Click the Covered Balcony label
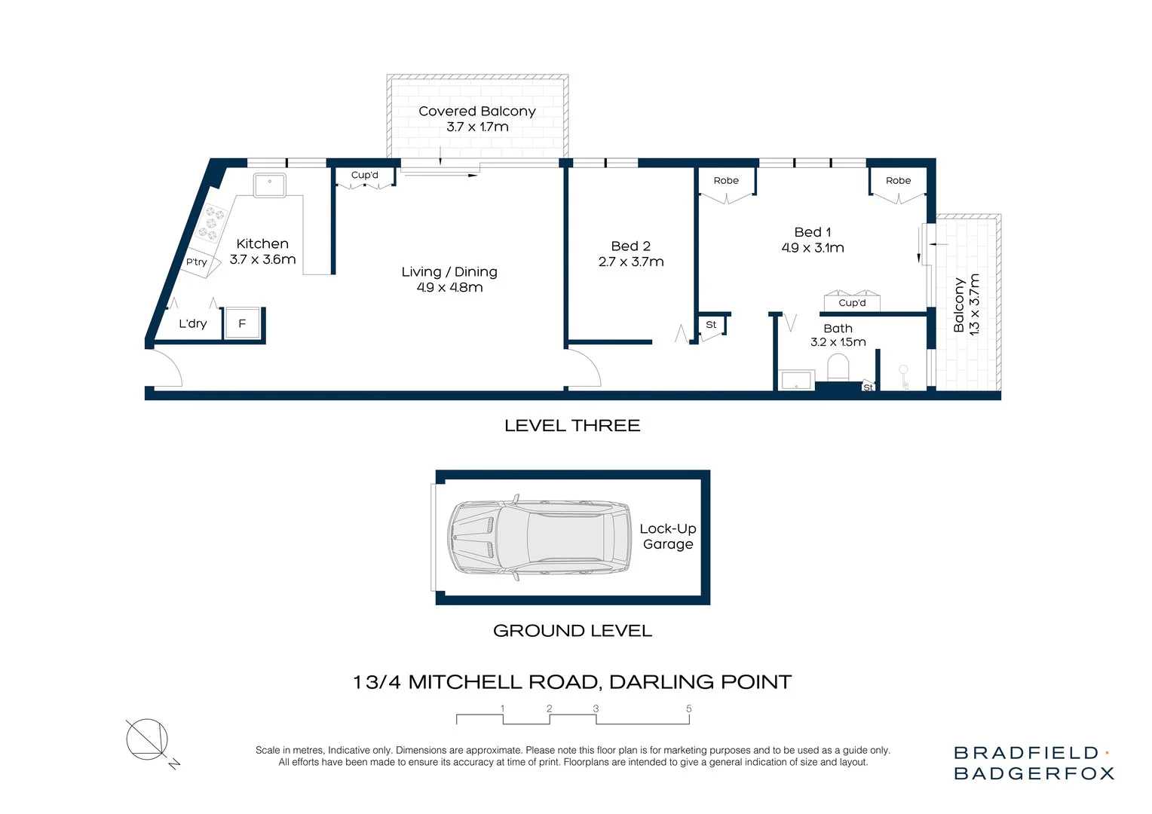click(x=476, y=112)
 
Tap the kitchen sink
click(x=269, y=185)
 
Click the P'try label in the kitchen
click(x=196, y=262)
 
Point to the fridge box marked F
click(x=242, y=324)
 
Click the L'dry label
click(x=192, y=324)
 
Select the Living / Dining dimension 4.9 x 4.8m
click(x=449, y=288)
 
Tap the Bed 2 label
click(x=630, y=246)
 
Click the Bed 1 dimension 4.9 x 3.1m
click(x=812, y=248)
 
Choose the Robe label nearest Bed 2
click(x=726, y=181)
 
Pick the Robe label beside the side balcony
click(x=898, y=181)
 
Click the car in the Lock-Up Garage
click(x=540, y=538)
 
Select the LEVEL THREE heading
click(x=572, y=426)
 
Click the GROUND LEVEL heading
click(x=572, y=631)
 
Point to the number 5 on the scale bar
click(x=688, y=709)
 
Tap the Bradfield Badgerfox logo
click(x=1033, y=763)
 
